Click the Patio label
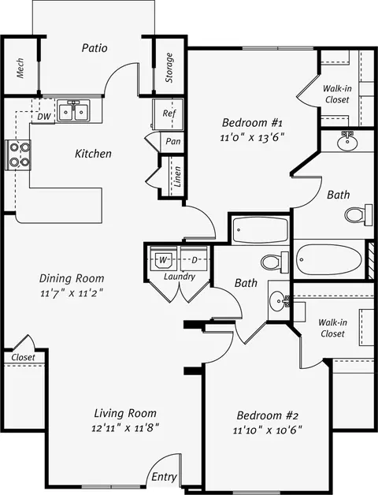click(94, 48)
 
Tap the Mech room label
click(20, 68)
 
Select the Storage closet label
click(169, 68)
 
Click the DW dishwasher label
click(44, 117)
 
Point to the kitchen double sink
click(73, 111)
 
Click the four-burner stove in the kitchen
click(19, 154)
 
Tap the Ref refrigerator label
click(169, 113)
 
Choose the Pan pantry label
click(173, 141)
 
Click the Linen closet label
click(178, 177)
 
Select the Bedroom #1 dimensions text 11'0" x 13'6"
click(252, 138)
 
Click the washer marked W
click(162, 260)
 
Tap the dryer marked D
click(195, 260)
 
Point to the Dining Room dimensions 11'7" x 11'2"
click(72, 293)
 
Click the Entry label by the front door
click(164, 477)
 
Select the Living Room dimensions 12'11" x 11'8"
click(125, 428)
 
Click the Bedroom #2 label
click(267, 415)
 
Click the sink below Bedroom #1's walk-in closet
click(347, 142)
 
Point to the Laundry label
click(180, 277)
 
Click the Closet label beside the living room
click(23, 357)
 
